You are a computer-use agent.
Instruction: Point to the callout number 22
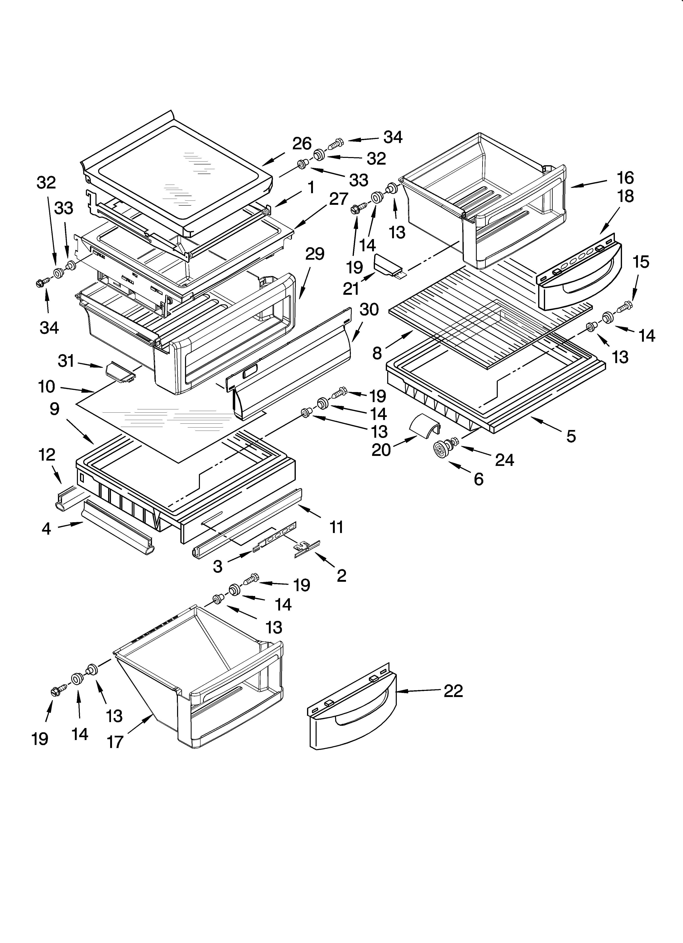click(x=453, y=691)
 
